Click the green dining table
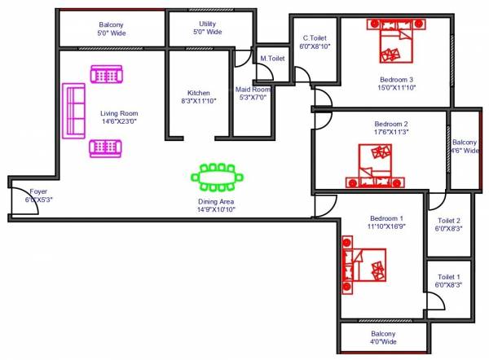pyautogui.click(x=218, y=175)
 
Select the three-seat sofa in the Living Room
pyautogui.click(x=75, y=110)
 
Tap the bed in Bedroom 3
pyautogui.click(x=395, y=41)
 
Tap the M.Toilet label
pyautogui.click(x=272, y=59)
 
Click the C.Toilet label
pyautogui.click(x=315, y=37)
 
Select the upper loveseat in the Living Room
pyautogui.click(x=106, y=75)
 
